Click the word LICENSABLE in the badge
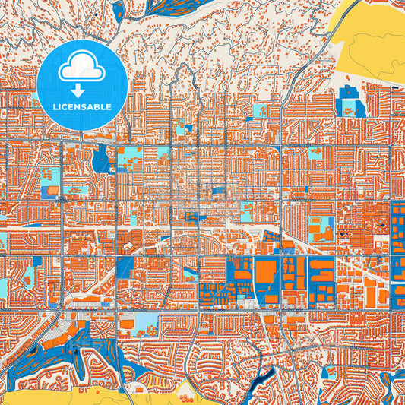(81, 106)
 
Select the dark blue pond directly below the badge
(100, 160)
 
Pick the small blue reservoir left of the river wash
(117, 10)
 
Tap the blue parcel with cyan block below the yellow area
(350, 103)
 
